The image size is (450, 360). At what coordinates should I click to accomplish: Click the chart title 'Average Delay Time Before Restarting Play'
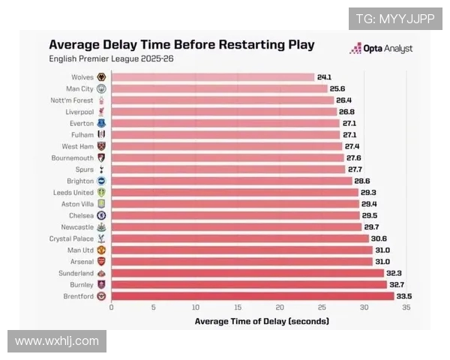181,44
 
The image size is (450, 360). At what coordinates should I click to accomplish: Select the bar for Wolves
212,77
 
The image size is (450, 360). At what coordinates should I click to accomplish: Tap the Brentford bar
252,295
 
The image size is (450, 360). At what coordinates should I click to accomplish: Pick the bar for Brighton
231,181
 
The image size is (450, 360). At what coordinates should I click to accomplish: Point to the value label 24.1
325,77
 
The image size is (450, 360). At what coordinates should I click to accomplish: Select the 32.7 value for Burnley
397,284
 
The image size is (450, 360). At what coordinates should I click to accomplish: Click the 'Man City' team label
81,88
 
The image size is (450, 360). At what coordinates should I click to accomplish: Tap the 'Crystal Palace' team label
72,238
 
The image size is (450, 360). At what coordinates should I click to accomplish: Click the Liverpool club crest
101,112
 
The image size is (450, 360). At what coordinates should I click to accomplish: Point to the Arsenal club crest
101,261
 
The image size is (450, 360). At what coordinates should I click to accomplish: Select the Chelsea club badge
101,215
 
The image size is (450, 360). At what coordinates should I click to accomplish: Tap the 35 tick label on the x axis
406,307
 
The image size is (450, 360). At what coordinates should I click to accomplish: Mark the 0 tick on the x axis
111,307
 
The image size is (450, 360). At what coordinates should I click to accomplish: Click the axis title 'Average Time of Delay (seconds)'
261,321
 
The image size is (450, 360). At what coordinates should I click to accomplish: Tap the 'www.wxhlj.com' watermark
57,341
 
